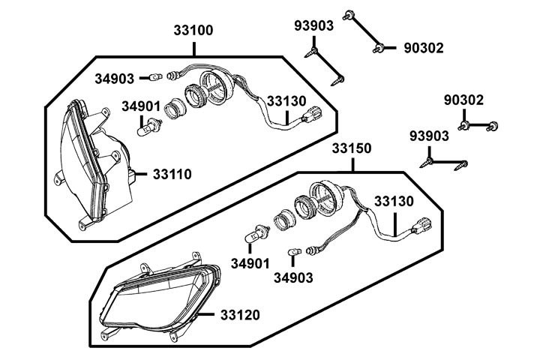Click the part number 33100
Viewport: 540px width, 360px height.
(x=193, y=31)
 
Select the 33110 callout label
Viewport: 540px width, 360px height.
(x=172, y=174)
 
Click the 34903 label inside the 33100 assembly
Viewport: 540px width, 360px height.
(x=115, y=78)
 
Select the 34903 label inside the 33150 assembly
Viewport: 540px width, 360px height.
(x=293, y=277)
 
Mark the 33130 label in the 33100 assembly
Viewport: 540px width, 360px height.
(x=287, y=100)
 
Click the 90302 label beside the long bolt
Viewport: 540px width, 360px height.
(x=422, y=48)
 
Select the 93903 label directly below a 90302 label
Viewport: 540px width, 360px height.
(x=430, y=136)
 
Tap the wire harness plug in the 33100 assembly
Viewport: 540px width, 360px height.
(x=313, y=116)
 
